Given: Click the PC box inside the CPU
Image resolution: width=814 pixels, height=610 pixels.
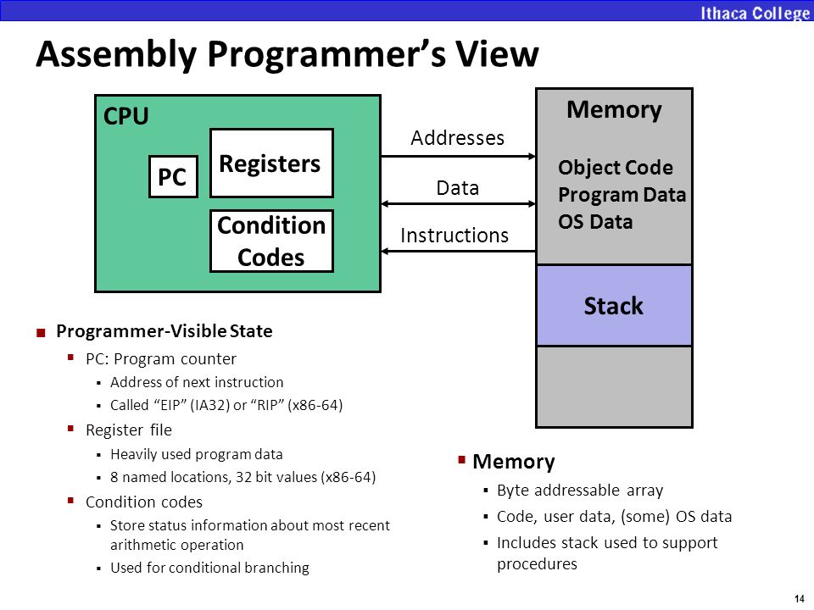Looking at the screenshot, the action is [x=173, y=176].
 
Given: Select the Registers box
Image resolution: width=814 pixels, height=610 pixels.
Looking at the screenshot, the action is [x=271, y=163].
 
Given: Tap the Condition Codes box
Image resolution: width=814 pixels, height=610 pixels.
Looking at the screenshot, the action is [x=271, y=241].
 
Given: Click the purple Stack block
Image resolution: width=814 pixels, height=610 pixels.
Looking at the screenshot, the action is [x=614, y=306].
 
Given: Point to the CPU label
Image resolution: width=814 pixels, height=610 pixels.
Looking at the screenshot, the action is [x=126, y=116].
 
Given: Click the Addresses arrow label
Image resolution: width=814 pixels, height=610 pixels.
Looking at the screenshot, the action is [x=457, y=138].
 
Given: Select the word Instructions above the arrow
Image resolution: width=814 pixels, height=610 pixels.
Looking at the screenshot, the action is [x=454, y=236].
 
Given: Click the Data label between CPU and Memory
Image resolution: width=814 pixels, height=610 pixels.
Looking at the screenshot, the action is [x=457, y=188].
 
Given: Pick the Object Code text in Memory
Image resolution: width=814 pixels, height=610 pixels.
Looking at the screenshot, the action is [x=616, y=168].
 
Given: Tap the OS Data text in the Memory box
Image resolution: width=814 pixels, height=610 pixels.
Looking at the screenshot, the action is [x=595, y=222].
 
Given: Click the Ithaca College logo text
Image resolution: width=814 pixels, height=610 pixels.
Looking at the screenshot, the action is [x=754, y=13].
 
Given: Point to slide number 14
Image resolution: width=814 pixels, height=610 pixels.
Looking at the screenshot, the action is [x=799, y=599].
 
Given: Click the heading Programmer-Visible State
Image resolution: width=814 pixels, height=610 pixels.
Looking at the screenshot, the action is [x=164, y=331].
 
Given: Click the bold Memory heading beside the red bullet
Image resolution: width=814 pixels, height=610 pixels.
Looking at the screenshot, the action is [x=514, y=461].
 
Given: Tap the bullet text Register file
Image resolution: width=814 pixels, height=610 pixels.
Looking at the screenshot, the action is [x=129, y=430].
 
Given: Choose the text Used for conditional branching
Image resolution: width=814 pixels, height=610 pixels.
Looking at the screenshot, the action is [x=209, y=568].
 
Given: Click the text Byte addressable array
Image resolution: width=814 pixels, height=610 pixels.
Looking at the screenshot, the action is [x=580, y=491].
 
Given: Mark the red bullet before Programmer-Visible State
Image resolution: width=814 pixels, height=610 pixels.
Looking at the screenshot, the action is [x=41, y=332].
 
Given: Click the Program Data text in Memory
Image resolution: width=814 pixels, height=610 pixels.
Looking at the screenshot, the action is [x=622, y=195].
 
